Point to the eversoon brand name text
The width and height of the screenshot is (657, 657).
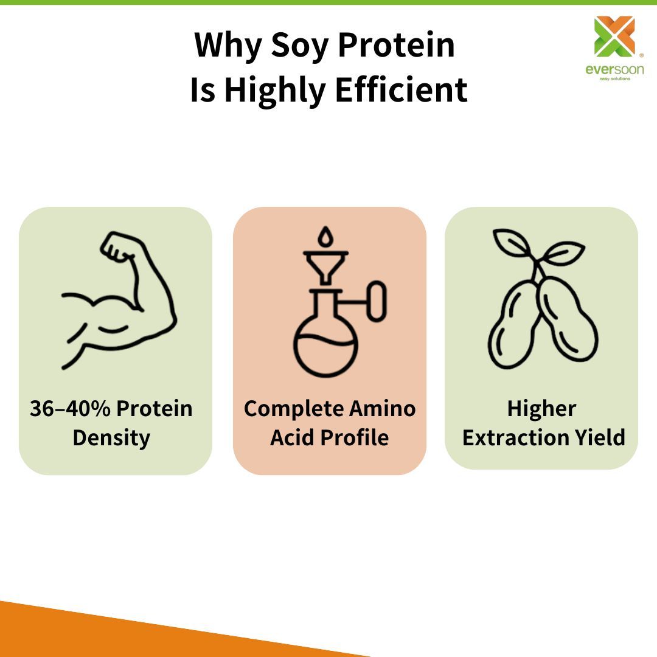point(614,69)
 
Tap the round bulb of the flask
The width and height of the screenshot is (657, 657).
point(326,347)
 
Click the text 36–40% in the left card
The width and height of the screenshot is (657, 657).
point(68,409)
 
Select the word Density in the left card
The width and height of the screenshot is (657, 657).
point(111,438)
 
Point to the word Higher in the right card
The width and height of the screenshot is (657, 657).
point(541,409)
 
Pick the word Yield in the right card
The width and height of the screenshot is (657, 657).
point(600,438)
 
